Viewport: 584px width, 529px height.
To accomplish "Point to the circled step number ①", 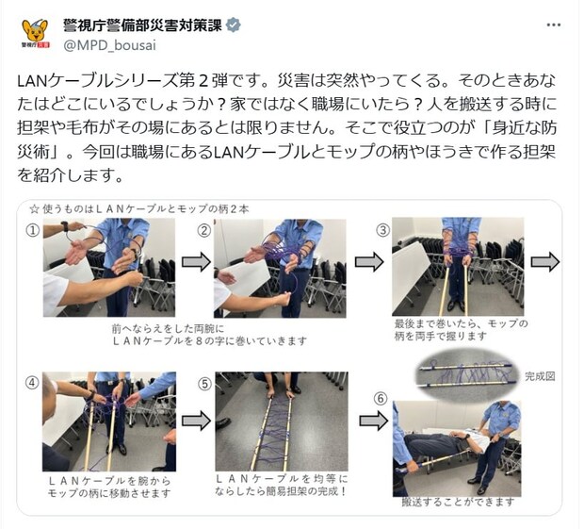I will [33, 228].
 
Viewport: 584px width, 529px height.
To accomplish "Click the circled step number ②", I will [204, 228].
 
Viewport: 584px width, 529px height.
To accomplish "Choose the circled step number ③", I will [381, 228].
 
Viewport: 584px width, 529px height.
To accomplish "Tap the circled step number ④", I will [33, 383].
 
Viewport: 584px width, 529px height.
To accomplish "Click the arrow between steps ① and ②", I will [195, 262].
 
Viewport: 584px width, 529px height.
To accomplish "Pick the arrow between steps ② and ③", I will [369, 262].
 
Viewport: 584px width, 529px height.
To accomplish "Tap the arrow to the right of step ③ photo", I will [545, 260].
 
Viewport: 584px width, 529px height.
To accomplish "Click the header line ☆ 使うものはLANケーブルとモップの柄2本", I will [131, 208].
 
